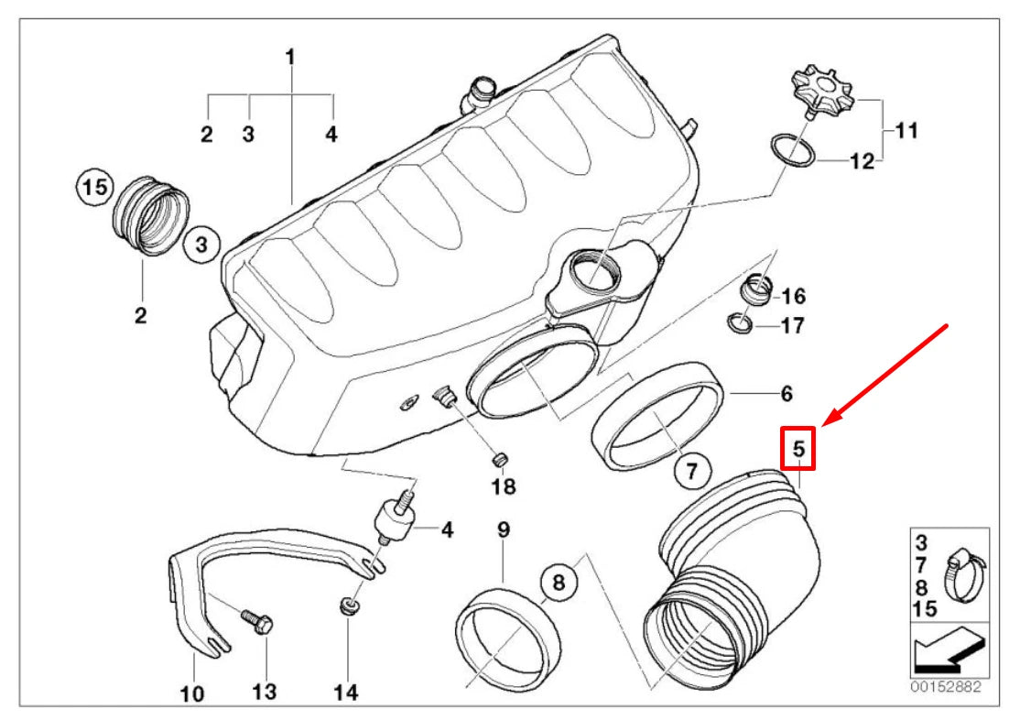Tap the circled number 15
click(x=92, y=188)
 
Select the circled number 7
click(x=691, y=472)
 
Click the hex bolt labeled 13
click(x=257, y=624)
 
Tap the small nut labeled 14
click(x=349, y=605)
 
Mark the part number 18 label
click(x=504, y=485)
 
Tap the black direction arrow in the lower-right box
click(x=948, y=651)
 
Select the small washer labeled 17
click(x=741, y=322)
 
